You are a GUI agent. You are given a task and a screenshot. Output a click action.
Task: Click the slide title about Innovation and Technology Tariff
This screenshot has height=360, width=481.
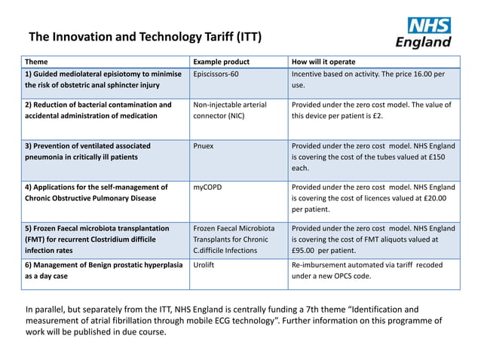(x=145, y=37)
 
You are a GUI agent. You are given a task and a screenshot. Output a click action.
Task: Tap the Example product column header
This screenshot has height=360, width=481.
(x=221, y=62)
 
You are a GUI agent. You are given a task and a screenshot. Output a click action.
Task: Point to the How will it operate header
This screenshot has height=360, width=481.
(x=323, y=62)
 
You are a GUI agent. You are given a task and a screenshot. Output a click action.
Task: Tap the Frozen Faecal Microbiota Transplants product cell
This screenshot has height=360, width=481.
(x=234, y=239)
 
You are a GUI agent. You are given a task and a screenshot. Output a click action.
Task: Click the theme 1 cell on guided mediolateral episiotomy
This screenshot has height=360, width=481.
(x=103, y=81)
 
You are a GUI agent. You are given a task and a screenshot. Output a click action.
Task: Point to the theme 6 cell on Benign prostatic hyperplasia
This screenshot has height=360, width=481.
(x=103, y=270)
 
